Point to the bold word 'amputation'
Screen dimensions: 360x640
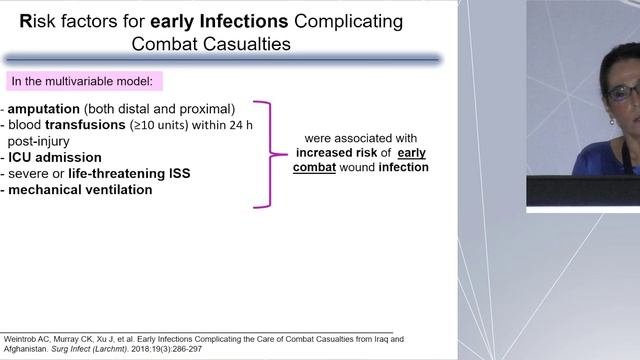point(49,109)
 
